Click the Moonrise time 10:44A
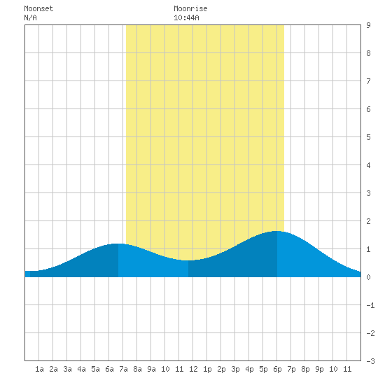(186, 17)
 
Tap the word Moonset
(38, 8)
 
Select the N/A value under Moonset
(30, 17)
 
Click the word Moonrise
(190, 8)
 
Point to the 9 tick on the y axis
(368, 25)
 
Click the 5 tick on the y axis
(368, 137)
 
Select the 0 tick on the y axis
(368, 277)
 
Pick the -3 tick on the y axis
(370, 361)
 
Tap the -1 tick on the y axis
(370, 305)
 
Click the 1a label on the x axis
(39, 369)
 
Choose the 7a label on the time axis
(123, 369)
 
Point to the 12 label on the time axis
(193, 369)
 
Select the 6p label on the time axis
(277, 369)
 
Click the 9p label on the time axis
(319, 369)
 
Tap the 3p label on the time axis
(235, 369)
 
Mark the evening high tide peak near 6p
(277, 231)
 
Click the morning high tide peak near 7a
(118, 244)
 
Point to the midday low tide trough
(188, 260)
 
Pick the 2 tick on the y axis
(368, 221)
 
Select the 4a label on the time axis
(81, 369)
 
